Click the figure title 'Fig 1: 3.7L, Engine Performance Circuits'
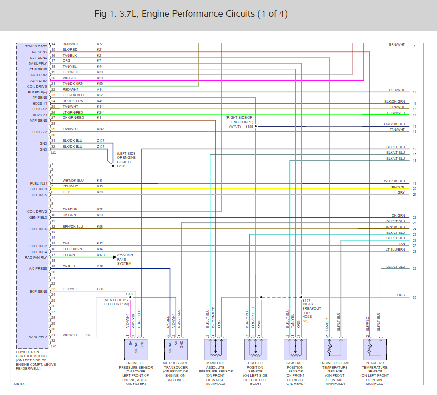pyautogui.click(x=191, y=14)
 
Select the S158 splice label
pyautogui.click(x=249, y=126)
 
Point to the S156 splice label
pyautogui.click(x=130, y=293)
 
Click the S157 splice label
pyautogui.click(x=306, y=301)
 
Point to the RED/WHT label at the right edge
pyautogui.click(x=397, y=90)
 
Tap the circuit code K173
pyautogui.click(x=101, y=255)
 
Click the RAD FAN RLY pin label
pyautogui.click(x=36, y=257)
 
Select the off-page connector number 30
pyautogui.click(x=415, y=298)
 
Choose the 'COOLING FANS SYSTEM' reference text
pyautogui.click(x=125, y=259)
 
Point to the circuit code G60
pyautogui.click(x=100, y=289)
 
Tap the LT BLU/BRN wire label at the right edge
pyautogui.click(x=395, y=250)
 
